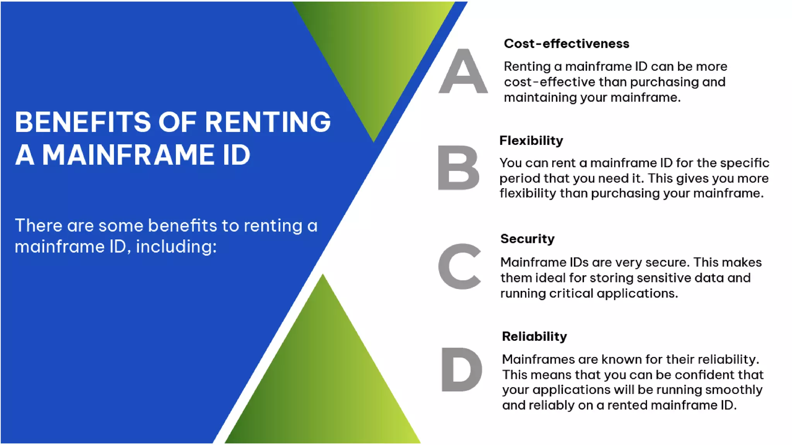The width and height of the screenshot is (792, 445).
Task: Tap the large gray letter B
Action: point(459,168)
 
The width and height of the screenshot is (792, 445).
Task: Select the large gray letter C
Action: point(459,267)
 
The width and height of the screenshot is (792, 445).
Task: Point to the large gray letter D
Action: point(461,369)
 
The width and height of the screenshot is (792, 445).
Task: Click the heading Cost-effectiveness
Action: point(566,44)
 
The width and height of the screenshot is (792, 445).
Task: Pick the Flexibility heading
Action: point(531,141)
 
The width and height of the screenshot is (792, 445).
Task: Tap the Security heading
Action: point(527,239)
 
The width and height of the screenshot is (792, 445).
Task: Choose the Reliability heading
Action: point(534,336)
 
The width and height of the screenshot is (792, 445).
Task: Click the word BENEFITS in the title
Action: point(82,122)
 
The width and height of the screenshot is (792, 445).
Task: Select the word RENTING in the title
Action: point(268,122)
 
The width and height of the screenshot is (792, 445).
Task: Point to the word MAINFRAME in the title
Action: point(128,155)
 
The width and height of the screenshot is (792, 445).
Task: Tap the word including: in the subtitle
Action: point(176,246)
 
